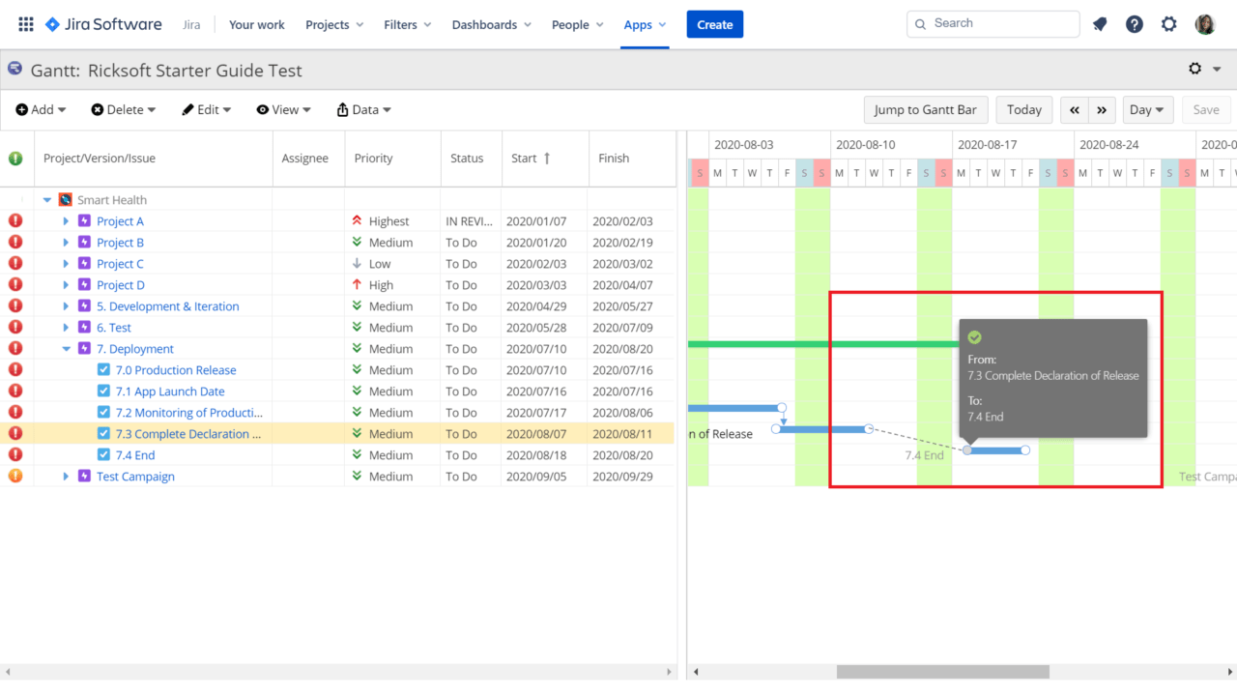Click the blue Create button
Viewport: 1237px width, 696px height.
tap(714, 24)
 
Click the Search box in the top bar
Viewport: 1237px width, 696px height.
tap(992, 23)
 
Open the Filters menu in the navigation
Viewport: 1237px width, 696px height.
tap(407, 24)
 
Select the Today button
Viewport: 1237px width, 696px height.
tap(1023, 109)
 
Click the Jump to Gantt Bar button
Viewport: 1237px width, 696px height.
tap(925, 109)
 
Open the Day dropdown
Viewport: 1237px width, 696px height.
tap(1147, 109)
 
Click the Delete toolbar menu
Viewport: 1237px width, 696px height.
tap(124, 109)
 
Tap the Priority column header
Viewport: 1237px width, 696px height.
tap(373, 158)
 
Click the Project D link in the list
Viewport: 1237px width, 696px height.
tap(121, 285)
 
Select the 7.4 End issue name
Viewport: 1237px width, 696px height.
tap(135, 455)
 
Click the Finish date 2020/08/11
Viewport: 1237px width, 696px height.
tap(622, 434)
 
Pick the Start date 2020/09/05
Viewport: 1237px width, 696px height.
tap(536, 477)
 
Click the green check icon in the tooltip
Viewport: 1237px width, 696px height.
tap(974, 336)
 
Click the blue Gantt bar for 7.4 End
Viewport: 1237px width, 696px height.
tap(996, 450)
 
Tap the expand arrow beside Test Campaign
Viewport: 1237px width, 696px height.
tap(66, 477)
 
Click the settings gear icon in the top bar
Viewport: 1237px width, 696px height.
tap(1169, 24)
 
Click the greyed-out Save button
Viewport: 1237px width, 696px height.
tap(1205, 109)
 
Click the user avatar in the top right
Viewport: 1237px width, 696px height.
tap(1205, 24)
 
